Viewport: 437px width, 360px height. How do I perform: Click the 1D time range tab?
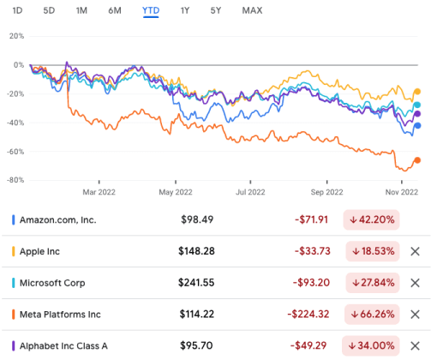point(18,10)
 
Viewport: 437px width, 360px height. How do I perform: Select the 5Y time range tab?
point(215,10)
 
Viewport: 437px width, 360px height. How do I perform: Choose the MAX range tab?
point(252,10)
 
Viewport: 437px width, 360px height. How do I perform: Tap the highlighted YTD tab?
point(151,10)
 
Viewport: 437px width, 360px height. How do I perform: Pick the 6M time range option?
point(115,10)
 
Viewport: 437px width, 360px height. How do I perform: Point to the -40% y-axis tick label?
point(15,123)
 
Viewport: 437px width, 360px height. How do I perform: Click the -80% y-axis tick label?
point(15,180)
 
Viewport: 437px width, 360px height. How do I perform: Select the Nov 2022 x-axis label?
point(400,194)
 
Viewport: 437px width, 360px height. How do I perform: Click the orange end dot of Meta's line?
point(417,159)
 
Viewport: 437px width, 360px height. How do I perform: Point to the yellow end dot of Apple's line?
point(417,91)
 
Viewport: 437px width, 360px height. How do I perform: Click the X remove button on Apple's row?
point(416,251)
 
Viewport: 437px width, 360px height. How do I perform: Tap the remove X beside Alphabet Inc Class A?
point(416,345)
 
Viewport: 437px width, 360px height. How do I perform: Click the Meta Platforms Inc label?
point(63,314)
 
